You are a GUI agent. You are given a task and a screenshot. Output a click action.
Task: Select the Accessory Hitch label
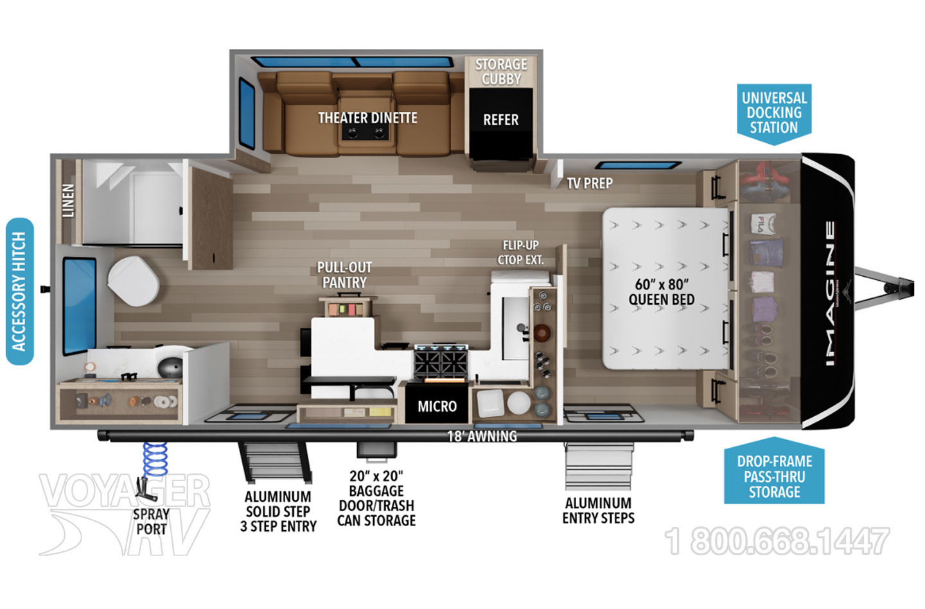click(19, 292)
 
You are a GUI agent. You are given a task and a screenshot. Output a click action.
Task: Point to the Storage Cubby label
click(501, 71)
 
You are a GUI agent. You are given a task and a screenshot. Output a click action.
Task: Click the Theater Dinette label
click(367, 118)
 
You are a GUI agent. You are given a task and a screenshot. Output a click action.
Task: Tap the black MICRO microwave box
click(437, 403)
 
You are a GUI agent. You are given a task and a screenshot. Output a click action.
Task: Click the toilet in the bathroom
click(133, 281)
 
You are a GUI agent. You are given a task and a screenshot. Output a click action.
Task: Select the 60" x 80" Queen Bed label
click(661, 292)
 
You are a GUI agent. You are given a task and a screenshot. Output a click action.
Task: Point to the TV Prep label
click(590, 183)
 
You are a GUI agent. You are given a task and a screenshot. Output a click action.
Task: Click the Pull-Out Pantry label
click(344, 275)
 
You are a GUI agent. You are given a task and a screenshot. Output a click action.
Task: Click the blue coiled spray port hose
click(155, 459)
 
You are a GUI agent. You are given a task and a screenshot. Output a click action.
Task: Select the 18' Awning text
click(482, 436)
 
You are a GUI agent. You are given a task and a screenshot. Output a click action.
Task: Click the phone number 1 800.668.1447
click(777, 540)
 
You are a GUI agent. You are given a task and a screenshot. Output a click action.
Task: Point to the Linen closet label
click(68, 200)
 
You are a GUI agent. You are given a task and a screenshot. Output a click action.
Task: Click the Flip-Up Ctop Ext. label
click(520, 252)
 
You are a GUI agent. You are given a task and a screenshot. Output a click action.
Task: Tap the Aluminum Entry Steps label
click(599, 511)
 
